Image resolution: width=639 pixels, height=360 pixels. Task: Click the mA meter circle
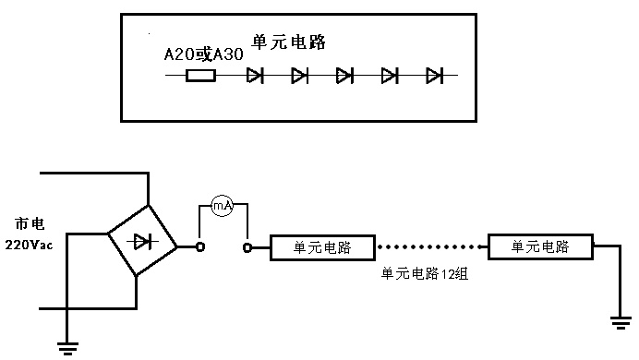coord(223,206)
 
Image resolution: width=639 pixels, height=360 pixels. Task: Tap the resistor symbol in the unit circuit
coord(200,76)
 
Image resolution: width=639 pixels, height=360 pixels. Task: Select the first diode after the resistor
coord(255,76)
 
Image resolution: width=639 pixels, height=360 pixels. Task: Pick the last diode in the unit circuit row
coord(434,76)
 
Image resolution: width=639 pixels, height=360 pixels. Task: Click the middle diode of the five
coord(344,76)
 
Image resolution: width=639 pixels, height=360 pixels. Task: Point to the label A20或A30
coord(203,54)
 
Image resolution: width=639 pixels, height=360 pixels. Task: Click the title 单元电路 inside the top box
coord(288,42)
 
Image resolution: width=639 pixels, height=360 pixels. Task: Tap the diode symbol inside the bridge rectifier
coord(142,243)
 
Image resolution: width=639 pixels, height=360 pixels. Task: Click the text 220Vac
coord(29,245)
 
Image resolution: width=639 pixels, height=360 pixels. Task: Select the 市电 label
coord(30,223)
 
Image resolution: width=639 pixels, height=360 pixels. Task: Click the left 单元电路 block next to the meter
coord(322,247)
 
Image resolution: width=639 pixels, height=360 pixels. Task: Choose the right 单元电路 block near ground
coord(540,246)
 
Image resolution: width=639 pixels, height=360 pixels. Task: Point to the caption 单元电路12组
coord(425,273)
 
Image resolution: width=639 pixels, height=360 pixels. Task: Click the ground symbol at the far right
coord(621,322)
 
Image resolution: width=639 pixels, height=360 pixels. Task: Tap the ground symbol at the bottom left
coord(67,349)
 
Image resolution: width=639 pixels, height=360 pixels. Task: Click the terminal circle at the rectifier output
coord(200,246)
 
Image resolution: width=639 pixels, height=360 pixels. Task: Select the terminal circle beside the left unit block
coord(247,247)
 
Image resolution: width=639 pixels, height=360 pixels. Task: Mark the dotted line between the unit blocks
coord(431,246)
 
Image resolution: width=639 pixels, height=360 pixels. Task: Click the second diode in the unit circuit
coord(300,76)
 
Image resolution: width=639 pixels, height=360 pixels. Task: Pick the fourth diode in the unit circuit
coord(390,76)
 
